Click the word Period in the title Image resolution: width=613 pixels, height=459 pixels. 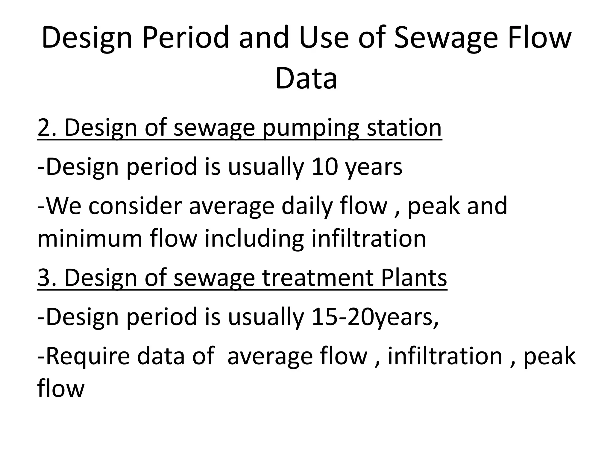[x=186, y=38]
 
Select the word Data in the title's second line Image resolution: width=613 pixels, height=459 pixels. [x=306, y=78]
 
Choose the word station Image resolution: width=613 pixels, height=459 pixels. [x=404, y=128]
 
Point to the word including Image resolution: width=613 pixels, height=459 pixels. [x=254, y=239]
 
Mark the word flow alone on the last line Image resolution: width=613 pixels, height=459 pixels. [x=61, y=389]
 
